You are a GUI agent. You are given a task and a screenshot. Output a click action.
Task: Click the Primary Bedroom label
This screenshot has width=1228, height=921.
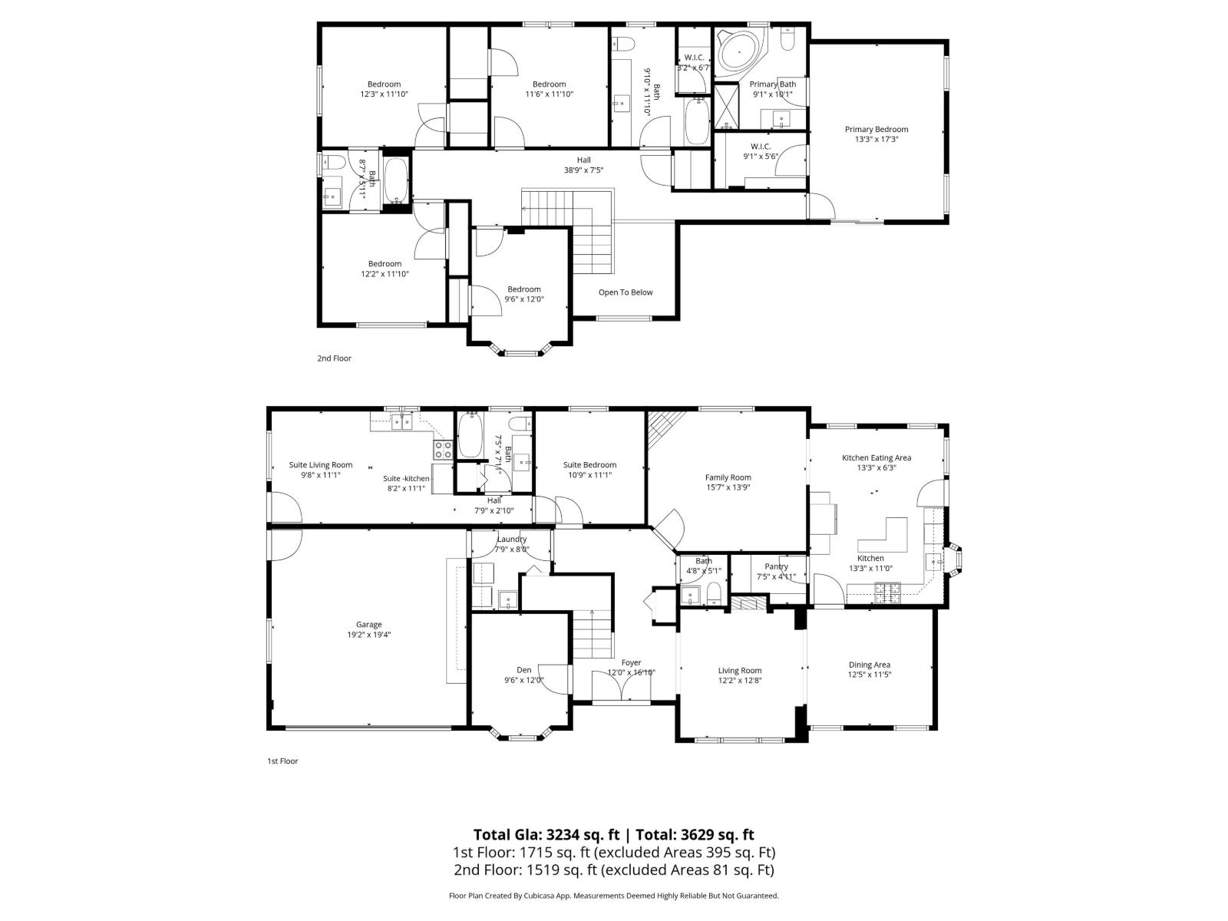coord(876,130)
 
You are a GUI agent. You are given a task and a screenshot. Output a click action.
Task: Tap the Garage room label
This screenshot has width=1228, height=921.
coord(368,625)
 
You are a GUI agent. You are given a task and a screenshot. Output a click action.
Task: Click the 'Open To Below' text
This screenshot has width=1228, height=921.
coord(626,292)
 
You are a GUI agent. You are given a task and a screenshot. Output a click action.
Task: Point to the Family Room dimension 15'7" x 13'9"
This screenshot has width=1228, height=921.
coord(728,487)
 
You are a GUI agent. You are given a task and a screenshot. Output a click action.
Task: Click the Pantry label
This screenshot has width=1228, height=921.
coord(776,566)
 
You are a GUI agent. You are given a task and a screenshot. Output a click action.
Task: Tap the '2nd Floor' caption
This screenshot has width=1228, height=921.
coord(334,358)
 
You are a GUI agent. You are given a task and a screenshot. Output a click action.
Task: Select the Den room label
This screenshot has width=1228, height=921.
coord(523,670)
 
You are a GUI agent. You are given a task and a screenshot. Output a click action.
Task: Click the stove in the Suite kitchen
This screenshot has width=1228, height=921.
coord(443,449)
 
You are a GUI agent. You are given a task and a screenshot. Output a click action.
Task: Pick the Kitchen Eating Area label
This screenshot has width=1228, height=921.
coord(876,458)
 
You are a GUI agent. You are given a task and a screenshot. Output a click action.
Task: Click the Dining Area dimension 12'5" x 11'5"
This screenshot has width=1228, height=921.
coord(870,675)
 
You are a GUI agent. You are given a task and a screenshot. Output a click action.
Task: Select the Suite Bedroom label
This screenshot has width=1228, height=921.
coord(589,465)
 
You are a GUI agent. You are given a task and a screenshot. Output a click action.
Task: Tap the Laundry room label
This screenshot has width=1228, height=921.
coord(512,540)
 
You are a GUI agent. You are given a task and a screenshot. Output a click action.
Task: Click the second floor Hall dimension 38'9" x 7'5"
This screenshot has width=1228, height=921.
coord(584,170)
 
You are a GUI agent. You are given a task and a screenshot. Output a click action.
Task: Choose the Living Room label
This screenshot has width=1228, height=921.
coord(740,671)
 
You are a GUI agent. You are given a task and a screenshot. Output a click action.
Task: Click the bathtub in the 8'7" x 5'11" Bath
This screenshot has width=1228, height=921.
coord(397,181)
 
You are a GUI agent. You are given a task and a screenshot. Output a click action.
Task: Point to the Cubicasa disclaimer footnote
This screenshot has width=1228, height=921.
coord(613,896)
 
